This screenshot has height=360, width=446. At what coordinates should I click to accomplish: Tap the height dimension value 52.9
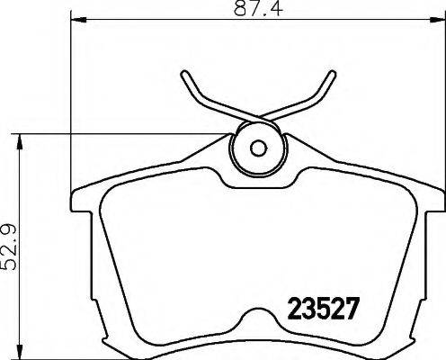(11, 246)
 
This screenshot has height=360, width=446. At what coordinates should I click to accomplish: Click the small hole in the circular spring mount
(255, 149)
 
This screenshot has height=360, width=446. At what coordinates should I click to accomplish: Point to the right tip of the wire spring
(326, 76)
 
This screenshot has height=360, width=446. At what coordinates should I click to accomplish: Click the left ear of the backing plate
(79, 202)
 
